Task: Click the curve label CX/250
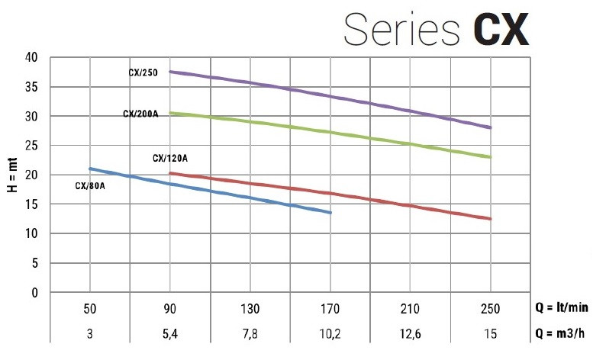pos(143,73)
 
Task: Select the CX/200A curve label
pos(140,114)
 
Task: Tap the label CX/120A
pos(169,159)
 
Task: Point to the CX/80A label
pos(89,185)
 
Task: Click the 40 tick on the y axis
pos(31,57)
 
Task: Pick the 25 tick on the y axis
pos(31,146)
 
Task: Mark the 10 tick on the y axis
pos(31,233)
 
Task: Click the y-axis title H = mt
pos(12,174)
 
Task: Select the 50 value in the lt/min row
pos(90,309)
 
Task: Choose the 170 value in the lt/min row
pos(330,309)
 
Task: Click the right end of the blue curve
pos(330,213)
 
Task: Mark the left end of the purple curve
pos(170,72)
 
